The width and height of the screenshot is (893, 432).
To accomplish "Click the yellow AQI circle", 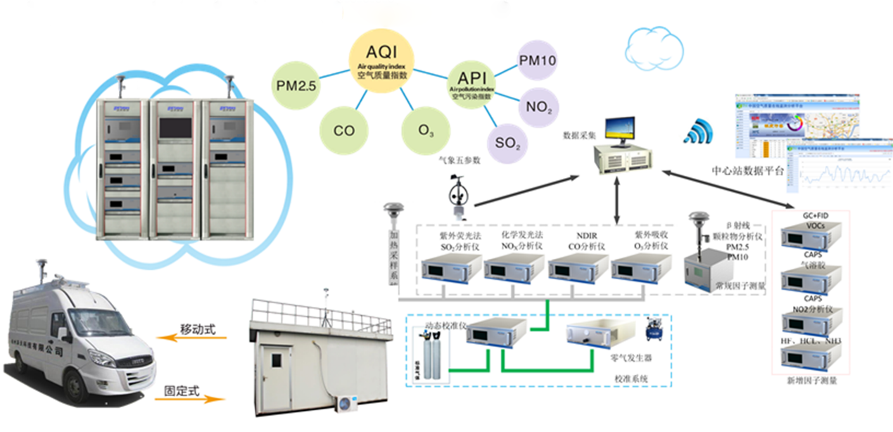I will (381, 64).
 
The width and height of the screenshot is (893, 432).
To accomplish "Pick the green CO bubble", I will (343, 130).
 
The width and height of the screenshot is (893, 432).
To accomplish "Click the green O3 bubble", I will (426, 131).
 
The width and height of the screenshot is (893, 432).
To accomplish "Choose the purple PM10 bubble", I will (538, 61).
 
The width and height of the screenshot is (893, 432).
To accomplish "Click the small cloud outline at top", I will (655, 47).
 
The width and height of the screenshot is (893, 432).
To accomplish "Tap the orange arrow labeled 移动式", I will (191, 338).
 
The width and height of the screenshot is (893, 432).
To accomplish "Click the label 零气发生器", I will (628, 358).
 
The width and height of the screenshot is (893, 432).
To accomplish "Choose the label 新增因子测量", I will (814, 381).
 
